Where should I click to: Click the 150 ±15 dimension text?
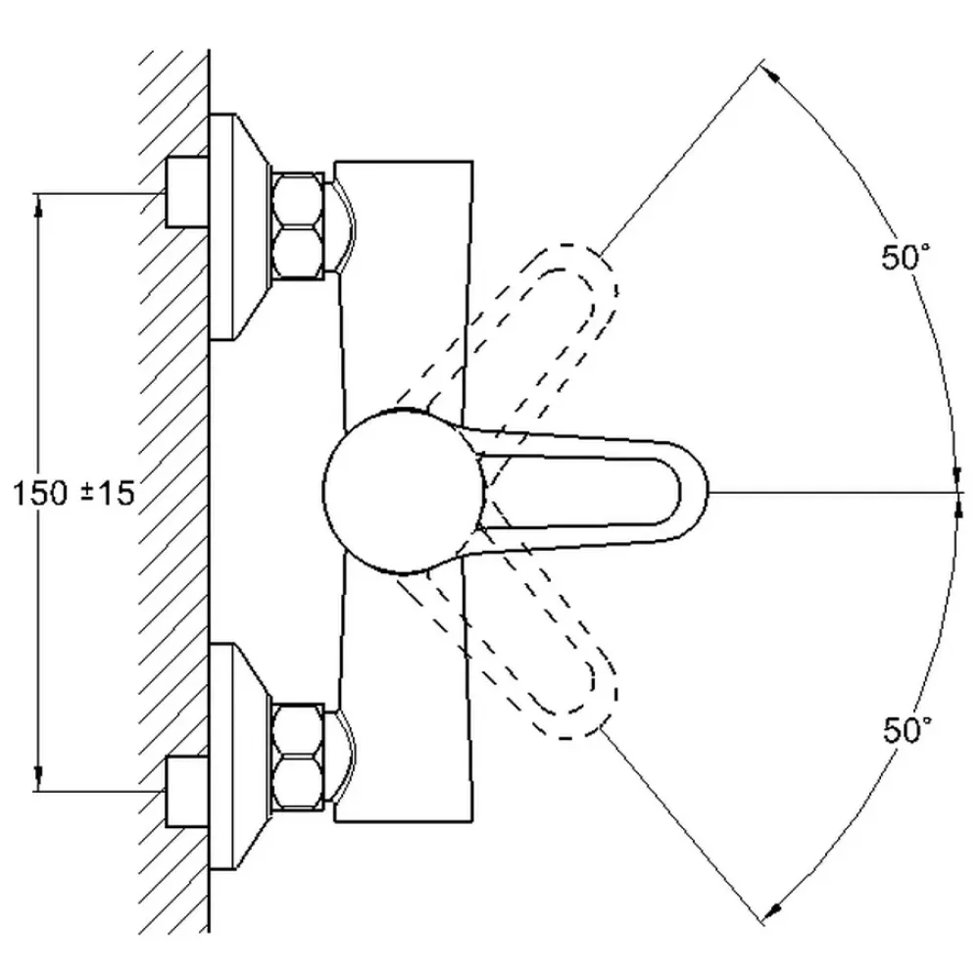[x=73, y=493]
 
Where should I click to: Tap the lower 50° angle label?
[x=907, y=729]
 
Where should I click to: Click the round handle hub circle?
[x=404, y=491]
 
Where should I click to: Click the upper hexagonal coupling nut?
[x=298, y=225]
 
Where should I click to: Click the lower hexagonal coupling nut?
[x=298, y=757]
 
